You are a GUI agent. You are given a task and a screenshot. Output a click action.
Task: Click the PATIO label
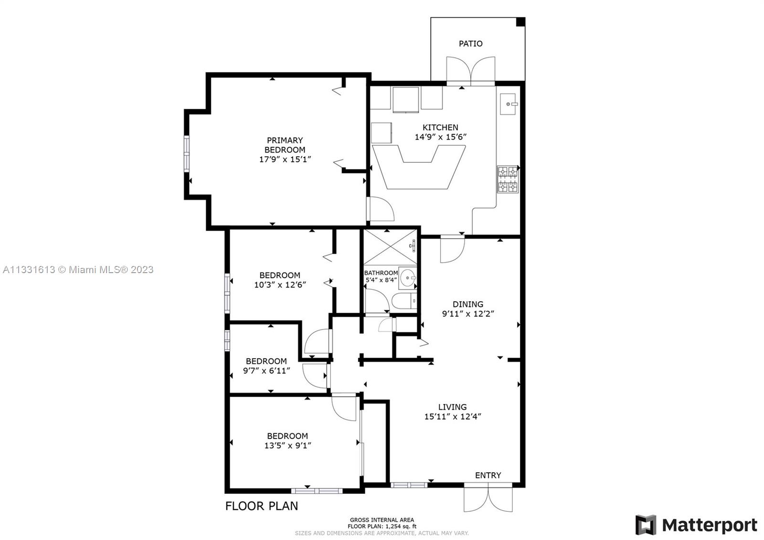(470, 43)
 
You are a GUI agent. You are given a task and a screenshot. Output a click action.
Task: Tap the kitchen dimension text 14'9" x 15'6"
(440, 137)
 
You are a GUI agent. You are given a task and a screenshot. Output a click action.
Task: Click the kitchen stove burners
(508, 180)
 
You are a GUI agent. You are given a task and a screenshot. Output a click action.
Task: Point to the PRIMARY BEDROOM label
(285, 145)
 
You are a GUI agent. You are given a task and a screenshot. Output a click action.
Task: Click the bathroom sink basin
(408, 278)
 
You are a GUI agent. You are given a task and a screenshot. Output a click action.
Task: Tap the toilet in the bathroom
(404, 301)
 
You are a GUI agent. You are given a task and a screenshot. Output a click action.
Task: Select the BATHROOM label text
(381, 273)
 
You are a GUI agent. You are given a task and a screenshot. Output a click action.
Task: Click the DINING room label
(468, 304)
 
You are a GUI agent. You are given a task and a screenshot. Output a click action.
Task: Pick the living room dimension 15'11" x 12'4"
(453, 416)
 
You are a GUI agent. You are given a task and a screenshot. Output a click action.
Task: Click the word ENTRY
(488, 476)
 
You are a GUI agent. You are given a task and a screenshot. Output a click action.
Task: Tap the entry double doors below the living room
(488, 498)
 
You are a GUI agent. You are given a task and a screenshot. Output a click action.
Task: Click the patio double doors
(471, 71)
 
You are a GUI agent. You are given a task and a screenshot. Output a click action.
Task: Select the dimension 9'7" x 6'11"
(267, 371)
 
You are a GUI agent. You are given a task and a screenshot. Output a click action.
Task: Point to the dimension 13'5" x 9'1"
(288, 445)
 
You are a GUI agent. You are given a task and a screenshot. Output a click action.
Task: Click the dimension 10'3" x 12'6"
(280, 285)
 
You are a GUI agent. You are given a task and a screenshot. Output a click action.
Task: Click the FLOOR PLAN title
(262, 506)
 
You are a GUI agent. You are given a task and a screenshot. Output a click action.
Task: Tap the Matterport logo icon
(646, 525)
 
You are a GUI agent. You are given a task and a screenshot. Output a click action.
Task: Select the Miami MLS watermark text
(78, 270)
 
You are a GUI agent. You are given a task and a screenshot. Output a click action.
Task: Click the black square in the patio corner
(520, 22)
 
